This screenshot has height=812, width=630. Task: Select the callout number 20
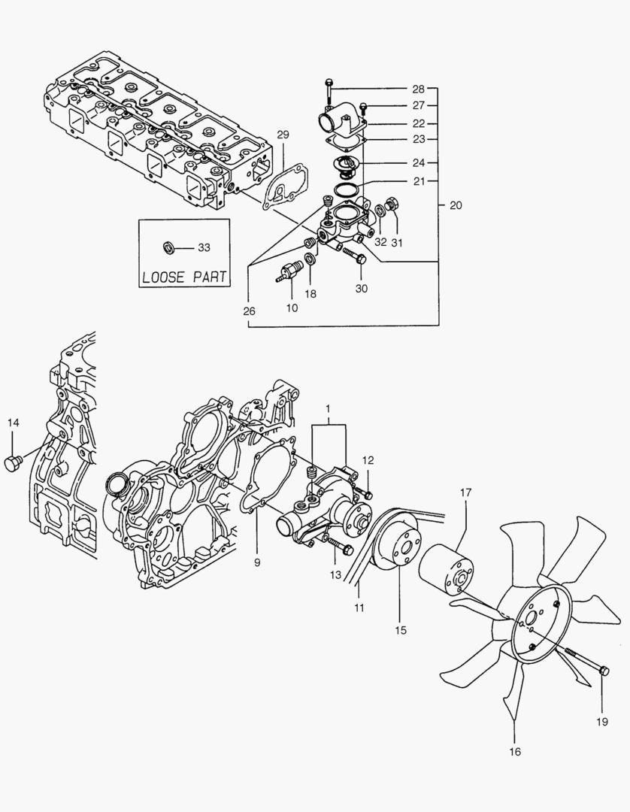point(456,205)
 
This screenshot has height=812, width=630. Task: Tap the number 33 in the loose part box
point(204,247)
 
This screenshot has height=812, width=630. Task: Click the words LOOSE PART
point(183,276)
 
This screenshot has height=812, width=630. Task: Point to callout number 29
point(283,135)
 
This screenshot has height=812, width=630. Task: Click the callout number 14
point(14,423)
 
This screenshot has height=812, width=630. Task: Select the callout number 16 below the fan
point(514,750)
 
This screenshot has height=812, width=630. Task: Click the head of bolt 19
point(604,668)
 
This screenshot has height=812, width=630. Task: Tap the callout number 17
point(465,492)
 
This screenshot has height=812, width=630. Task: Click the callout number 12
point(368,459)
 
